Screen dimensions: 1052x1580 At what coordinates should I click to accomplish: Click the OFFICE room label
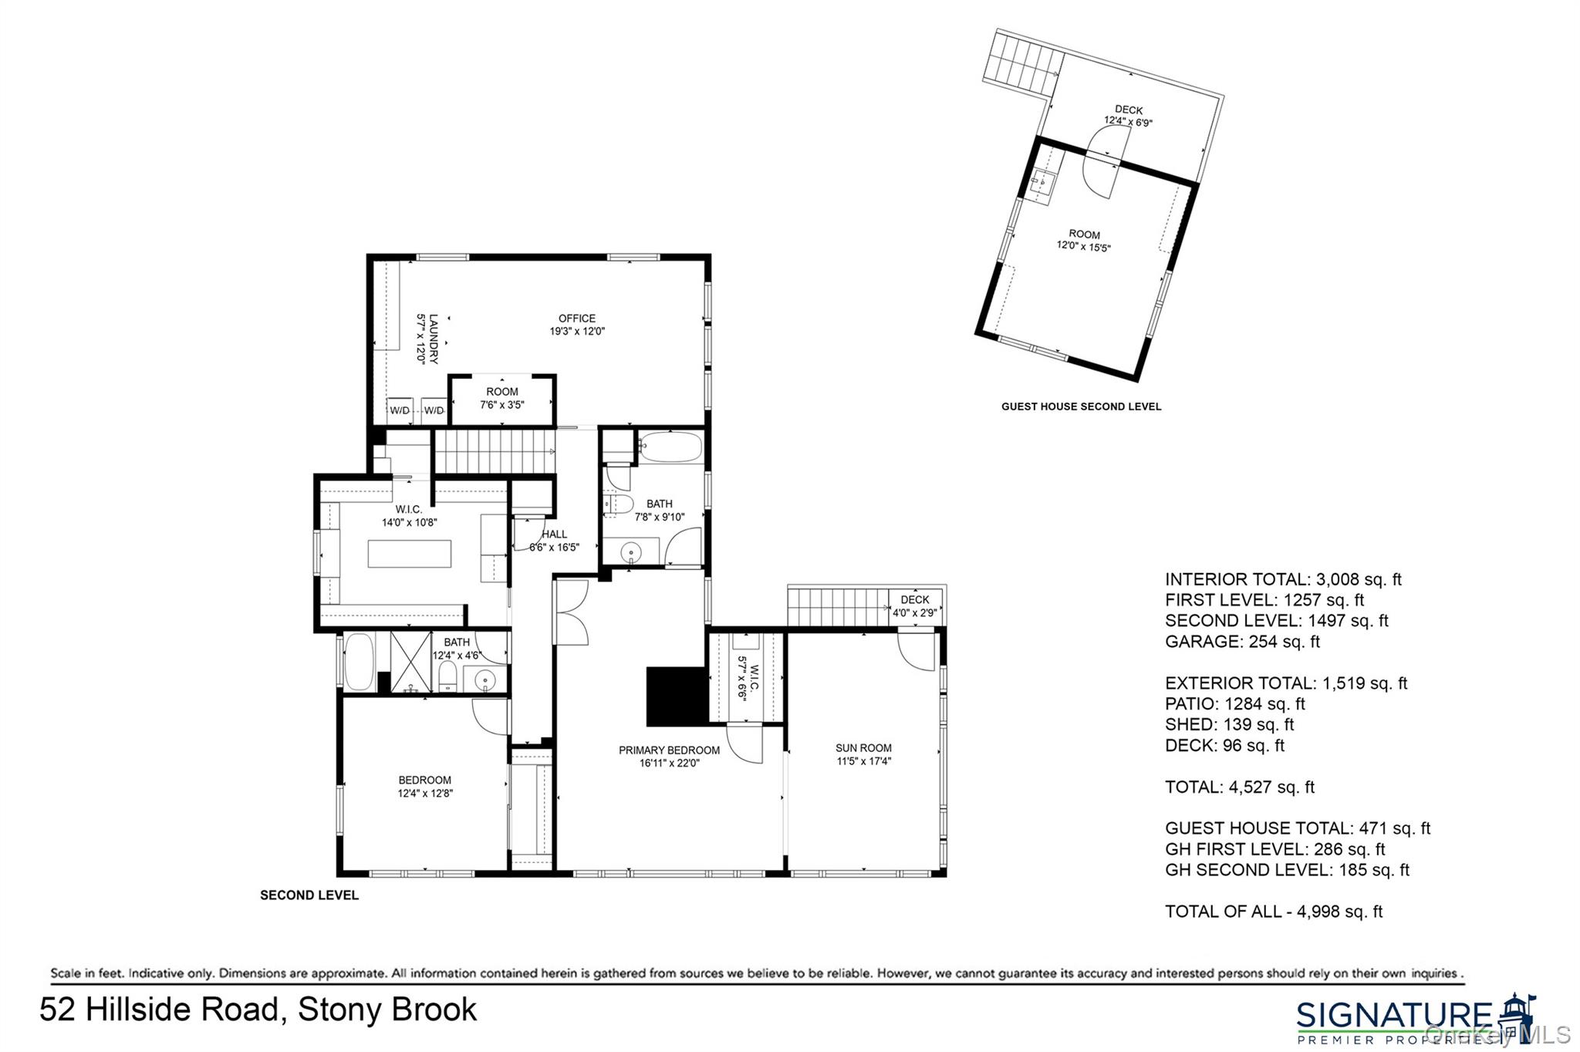[577, 324]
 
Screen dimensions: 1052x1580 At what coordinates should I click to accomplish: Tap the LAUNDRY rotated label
[427, 339]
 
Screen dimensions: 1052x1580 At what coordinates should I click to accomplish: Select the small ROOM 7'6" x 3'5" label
[502, 398]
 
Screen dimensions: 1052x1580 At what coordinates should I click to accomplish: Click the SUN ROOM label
[863, 754]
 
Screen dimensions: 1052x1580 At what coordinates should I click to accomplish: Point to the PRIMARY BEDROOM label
[669, 756]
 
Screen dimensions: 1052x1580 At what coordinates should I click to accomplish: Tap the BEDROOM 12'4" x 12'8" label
[425, 786]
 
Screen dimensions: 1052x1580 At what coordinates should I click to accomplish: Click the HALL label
[554, 540]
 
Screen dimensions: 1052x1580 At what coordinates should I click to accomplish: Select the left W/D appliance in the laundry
[400, 410]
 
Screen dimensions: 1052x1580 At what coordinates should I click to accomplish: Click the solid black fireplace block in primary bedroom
[677, 696]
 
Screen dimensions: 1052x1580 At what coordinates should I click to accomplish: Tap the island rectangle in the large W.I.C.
[409, 554]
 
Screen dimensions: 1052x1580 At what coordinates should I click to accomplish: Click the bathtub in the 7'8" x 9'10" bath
[670, 447]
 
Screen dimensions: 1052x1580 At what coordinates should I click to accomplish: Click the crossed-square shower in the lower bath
[410, 662]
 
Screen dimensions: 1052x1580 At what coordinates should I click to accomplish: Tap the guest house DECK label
[1128, 116]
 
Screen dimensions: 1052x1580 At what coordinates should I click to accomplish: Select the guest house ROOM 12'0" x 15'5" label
[1084, 241]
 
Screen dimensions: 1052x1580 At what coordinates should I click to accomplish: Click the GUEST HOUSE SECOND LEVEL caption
[1081, 406]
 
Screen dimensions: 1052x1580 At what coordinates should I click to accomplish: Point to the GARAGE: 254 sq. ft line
[1242, 642]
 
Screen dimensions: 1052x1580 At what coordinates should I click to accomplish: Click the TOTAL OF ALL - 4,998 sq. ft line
[1273, 912]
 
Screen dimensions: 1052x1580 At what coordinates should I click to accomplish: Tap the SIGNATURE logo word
[1394, 1015]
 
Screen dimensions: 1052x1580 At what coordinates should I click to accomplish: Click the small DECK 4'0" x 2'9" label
[915, 606]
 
